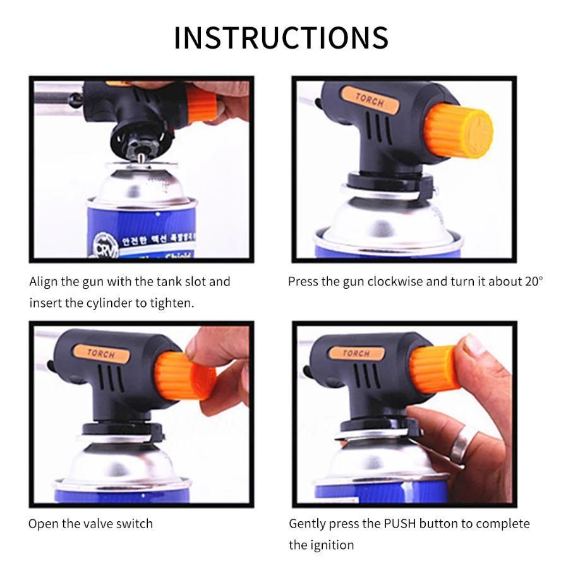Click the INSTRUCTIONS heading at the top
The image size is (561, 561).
[x=280, y=38]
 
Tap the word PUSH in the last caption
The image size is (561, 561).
[x=397, y=524]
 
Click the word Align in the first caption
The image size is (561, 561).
[x=43, y=281]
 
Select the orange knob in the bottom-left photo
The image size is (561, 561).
[x=183, y=376]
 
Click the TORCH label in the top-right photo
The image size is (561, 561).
[x=369, y=100]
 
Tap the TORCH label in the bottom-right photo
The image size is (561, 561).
[x=356, y=353]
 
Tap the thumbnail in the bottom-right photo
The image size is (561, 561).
[x=474, y=346]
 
